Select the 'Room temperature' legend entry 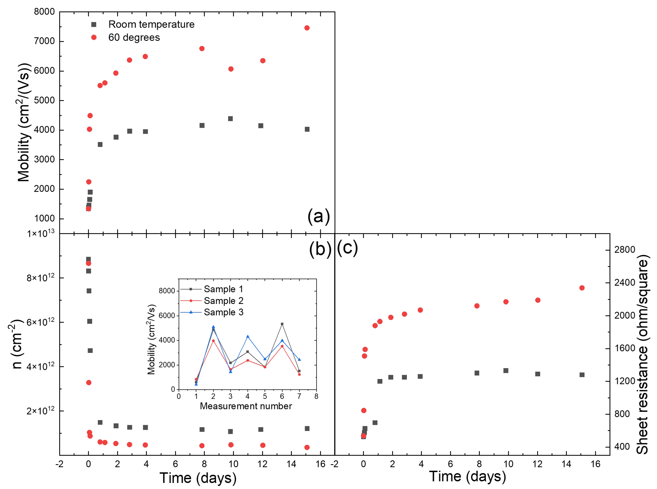(x=151, y=24)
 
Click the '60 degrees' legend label (x=134, y=38)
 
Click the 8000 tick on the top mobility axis (x=44, y=12)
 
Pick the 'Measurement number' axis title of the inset (x=246, y=406)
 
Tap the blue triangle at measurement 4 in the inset (x=248, y=337)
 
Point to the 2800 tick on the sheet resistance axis (x=624, y=250)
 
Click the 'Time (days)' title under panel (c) (x=467, y=476)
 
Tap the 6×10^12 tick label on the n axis (x=41, y=322)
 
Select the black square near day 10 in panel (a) (x=230, y=119)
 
